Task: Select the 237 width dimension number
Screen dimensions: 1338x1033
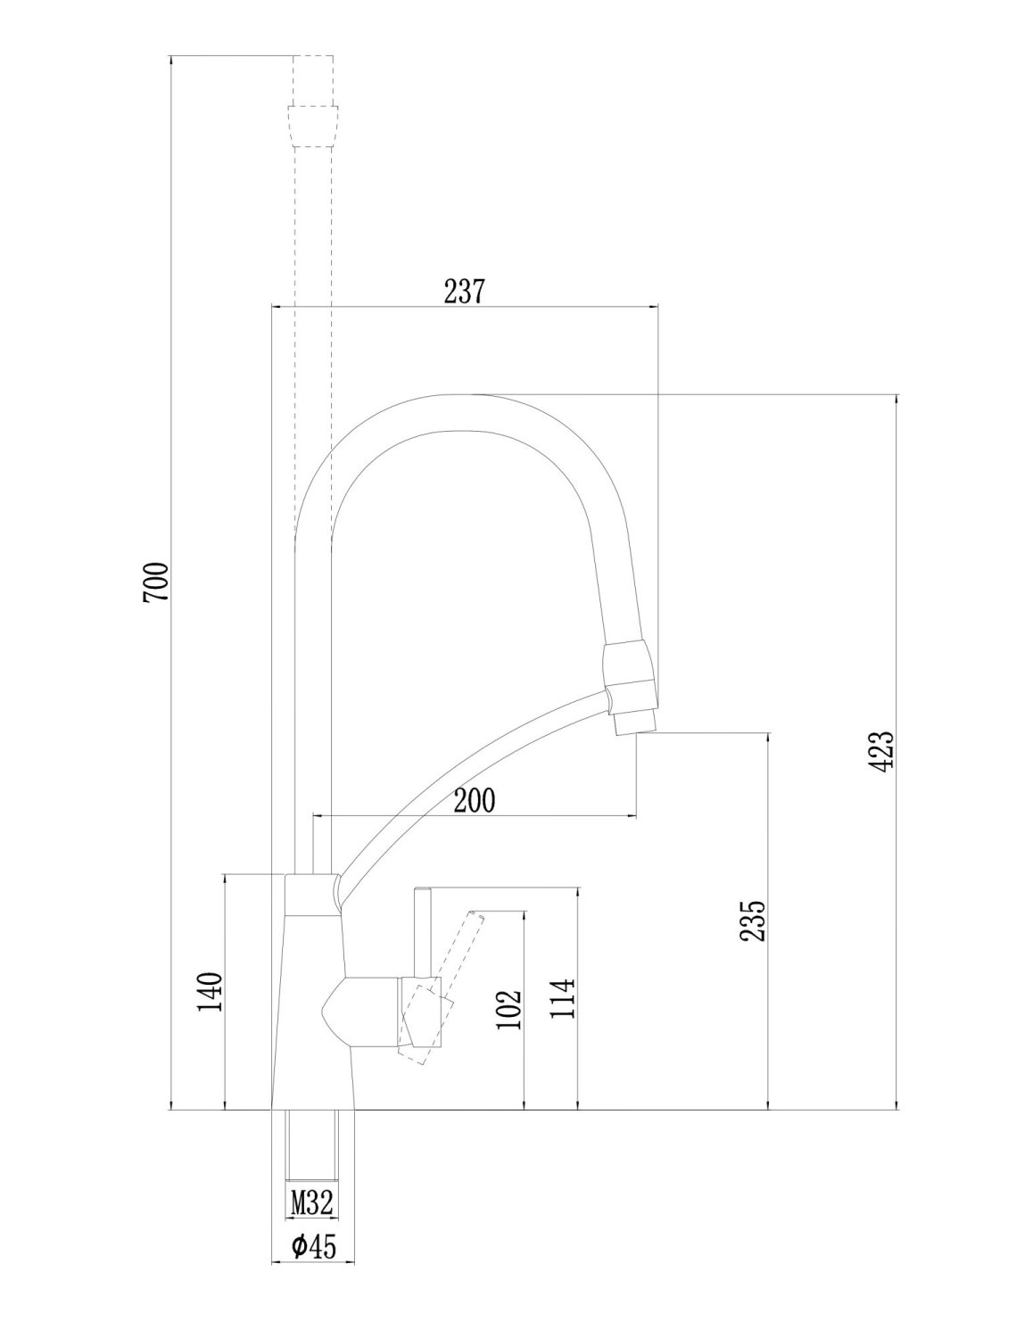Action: [x=464, y=292]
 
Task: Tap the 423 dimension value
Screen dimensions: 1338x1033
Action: [x=881, y=751]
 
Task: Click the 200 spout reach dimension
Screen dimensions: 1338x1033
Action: [x=474, y=800]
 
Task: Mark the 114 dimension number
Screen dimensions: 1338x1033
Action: [x=563, y=999]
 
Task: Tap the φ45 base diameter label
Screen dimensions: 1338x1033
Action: [x=312, y=1246]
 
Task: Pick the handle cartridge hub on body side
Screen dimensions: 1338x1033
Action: [x=366, y=1011]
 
